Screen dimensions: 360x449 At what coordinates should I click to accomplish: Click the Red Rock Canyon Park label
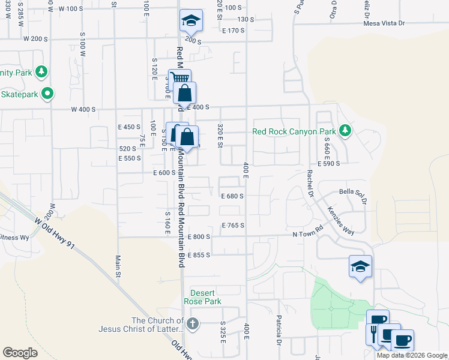[294, 131]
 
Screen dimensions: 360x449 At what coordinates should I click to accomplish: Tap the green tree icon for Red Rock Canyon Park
[345, 130]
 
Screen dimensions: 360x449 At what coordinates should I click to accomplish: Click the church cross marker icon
[192, 325]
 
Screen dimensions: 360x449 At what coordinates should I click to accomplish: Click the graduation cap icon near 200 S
[190, 22]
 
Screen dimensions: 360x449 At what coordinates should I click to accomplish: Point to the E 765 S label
[233, 226]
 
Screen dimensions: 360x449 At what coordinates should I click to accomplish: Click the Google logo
[20, 353]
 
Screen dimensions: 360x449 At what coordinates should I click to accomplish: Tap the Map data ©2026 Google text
[412, 355]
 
